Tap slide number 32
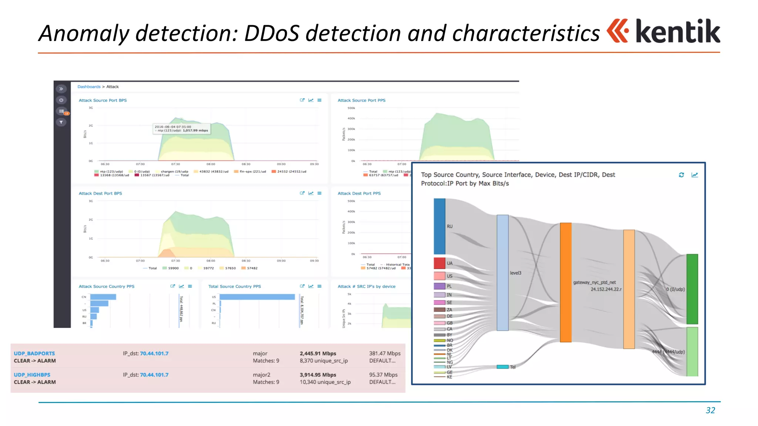tap(710, 410)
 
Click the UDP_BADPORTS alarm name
tap(34, 354)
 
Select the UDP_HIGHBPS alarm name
tap(32, 375)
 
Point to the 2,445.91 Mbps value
tap(318, 354)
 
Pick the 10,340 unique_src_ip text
tap(325, 382)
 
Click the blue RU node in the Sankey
tap(439, 226)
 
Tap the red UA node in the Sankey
tap(439, 263)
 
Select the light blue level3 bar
tap(502, 273)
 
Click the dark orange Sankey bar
tap(566, 282)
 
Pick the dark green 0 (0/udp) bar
tap(692, 289)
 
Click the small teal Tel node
tap(502, 367)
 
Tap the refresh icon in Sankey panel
tap(681, 175)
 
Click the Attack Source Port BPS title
tap(103, 100)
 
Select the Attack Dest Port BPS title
tap(100, 193)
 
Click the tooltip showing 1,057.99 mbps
tap(182, 129)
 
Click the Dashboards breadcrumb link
tap(89, 87)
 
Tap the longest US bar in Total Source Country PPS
tap(257, 297)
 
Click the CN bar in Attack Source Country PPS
tap(103, 297)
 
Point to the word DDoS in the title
tap(271, 33)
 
